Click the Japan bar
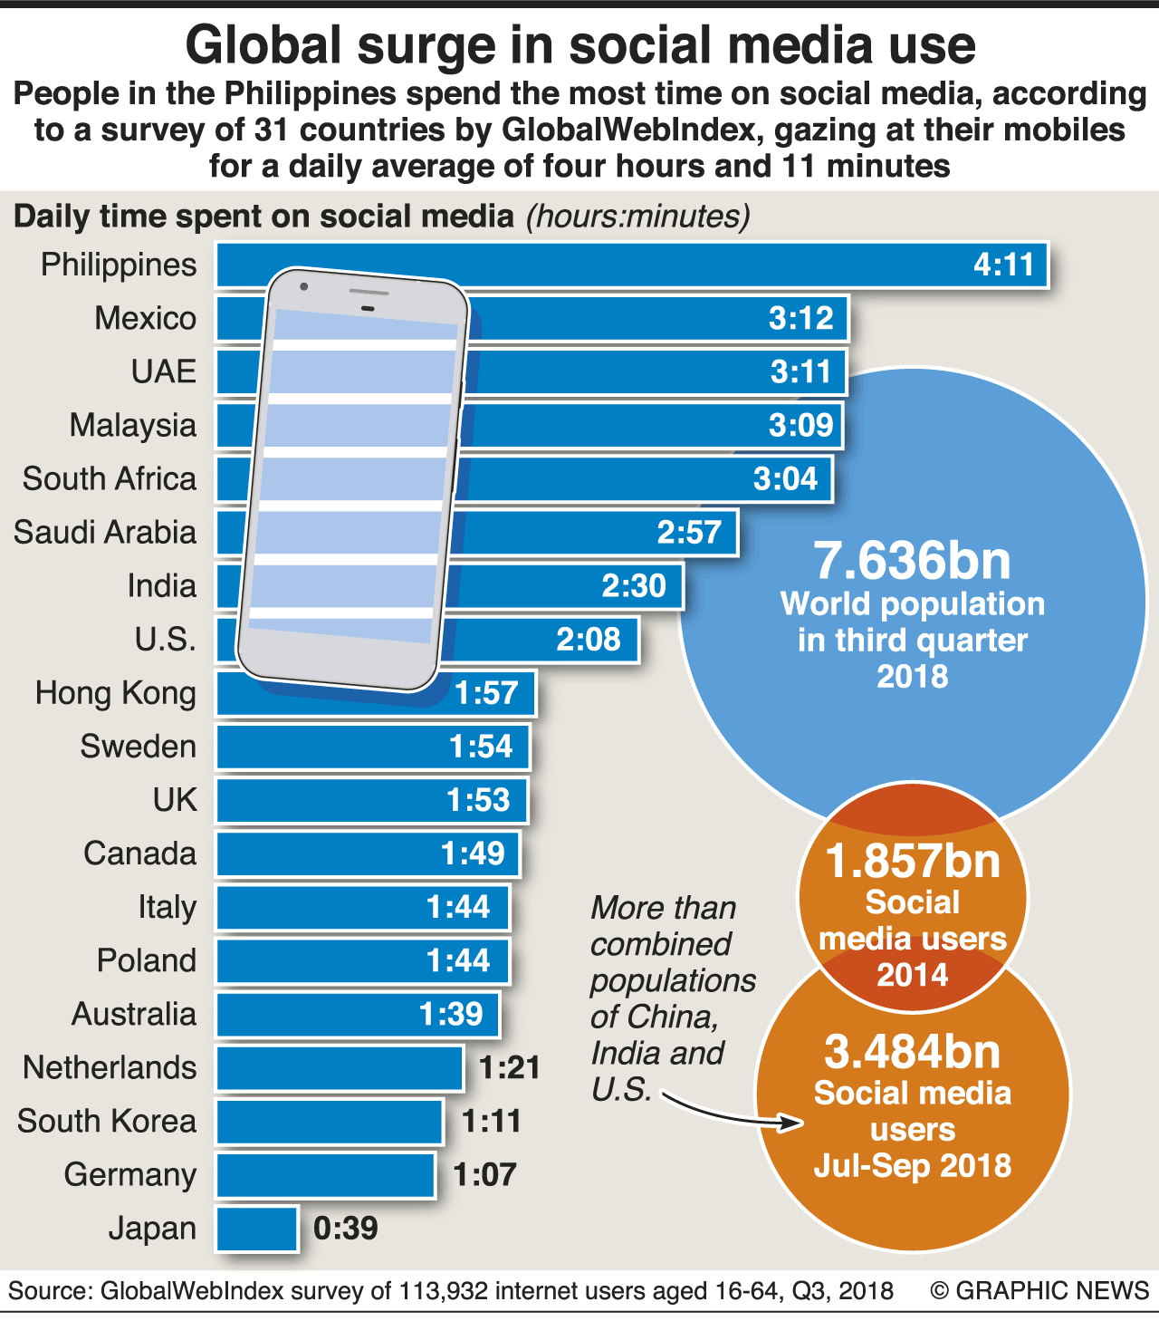pyautogui.click(x=257, y=1229)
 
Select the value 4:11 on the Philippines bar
pyautogui.click(x=1003, y=265)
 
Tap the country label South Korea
pyautogui.click(x=107, y=1122)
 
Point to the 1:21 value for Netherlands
pyautogui.click(x=510, y=1068)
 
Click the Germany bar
pyautogui.click(x=326, y=1175)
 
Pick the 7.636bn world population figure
pyautogui.click(x=912, y=561)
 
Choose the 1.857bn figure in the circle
pyautogui.click(x=913, y=861)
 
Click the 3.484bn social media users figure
pyautogui.click(x=913, y=1052)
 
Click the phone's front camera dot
pyautogui.click(x=304, y=287)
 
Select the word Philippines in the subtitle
pyautogui.click(x=311, y=94)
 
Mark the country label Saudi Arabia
pyautogui.click(x=105, y=533)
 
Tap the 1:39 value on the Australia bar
pyautogui.click(x=452, y=1015)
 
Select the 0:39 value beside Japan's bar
pyautogui.click(x=346, y=1229)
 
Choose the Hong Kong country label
pyautogui.click(x=116, y=693)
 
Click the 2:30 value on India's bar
pyautogui.click(x=634, y=586)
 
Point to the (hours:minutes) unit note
pyautogui.click(x=638, y=217)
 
